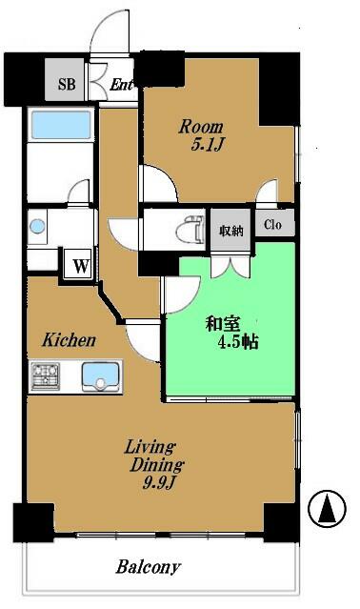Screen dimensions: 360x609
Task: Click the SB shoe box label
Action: pyautogui.click(x=67, y=84)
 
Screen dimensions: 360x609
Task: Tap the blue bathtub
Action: pyautogui.click(x=61, y=125)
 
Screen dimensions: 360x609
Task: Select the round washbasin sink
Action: pyautogui.click(x=37, y=226)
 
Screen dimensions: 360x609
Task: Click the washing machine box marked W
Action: pyautogui.click(x=81, y=266)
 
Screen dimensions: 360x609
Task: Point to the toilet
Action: pyautogui.click(x=190, y=231)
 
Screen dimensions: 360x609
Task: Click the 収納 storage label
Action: pyautogui.click(x=231, y=231)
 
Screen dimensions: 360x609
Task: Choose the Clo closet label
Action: pyautogui.click(x=272, y=224)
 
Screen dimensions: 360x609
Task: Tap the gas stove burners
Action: pyautogui.click(x=46, y=376)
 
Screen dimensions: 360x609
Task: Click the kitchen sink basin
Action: pyautogui.click(x=100, y=376)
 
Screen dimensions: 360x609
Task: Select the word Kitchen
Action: pyautogui.click(x=69, y=340)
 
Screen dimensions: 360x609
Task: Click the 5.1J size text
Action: pyautogui.click(x=208, y=145)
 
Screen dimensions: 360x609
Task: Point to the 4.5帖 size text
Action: pyautogui.click(x=238, y=342)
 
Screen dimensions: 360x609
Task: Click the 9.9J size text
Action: pyautogui.click(x=159, y=483)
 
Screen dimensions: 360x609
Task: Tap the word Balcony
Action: pyautogui.click(x=149, y=567)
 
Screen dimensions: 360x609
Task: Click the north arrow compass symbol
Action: pyautogui.click(x=327, y=508)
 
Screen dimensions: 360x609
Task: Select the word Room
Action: pyautogui.click(x=201, y=127)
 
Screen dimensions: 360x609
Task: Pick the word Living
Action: pyautogui.click(x=150, y=447)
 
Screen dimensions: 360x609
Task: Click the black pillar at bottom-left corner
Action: pyautogui.click(x=33, y=522)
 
